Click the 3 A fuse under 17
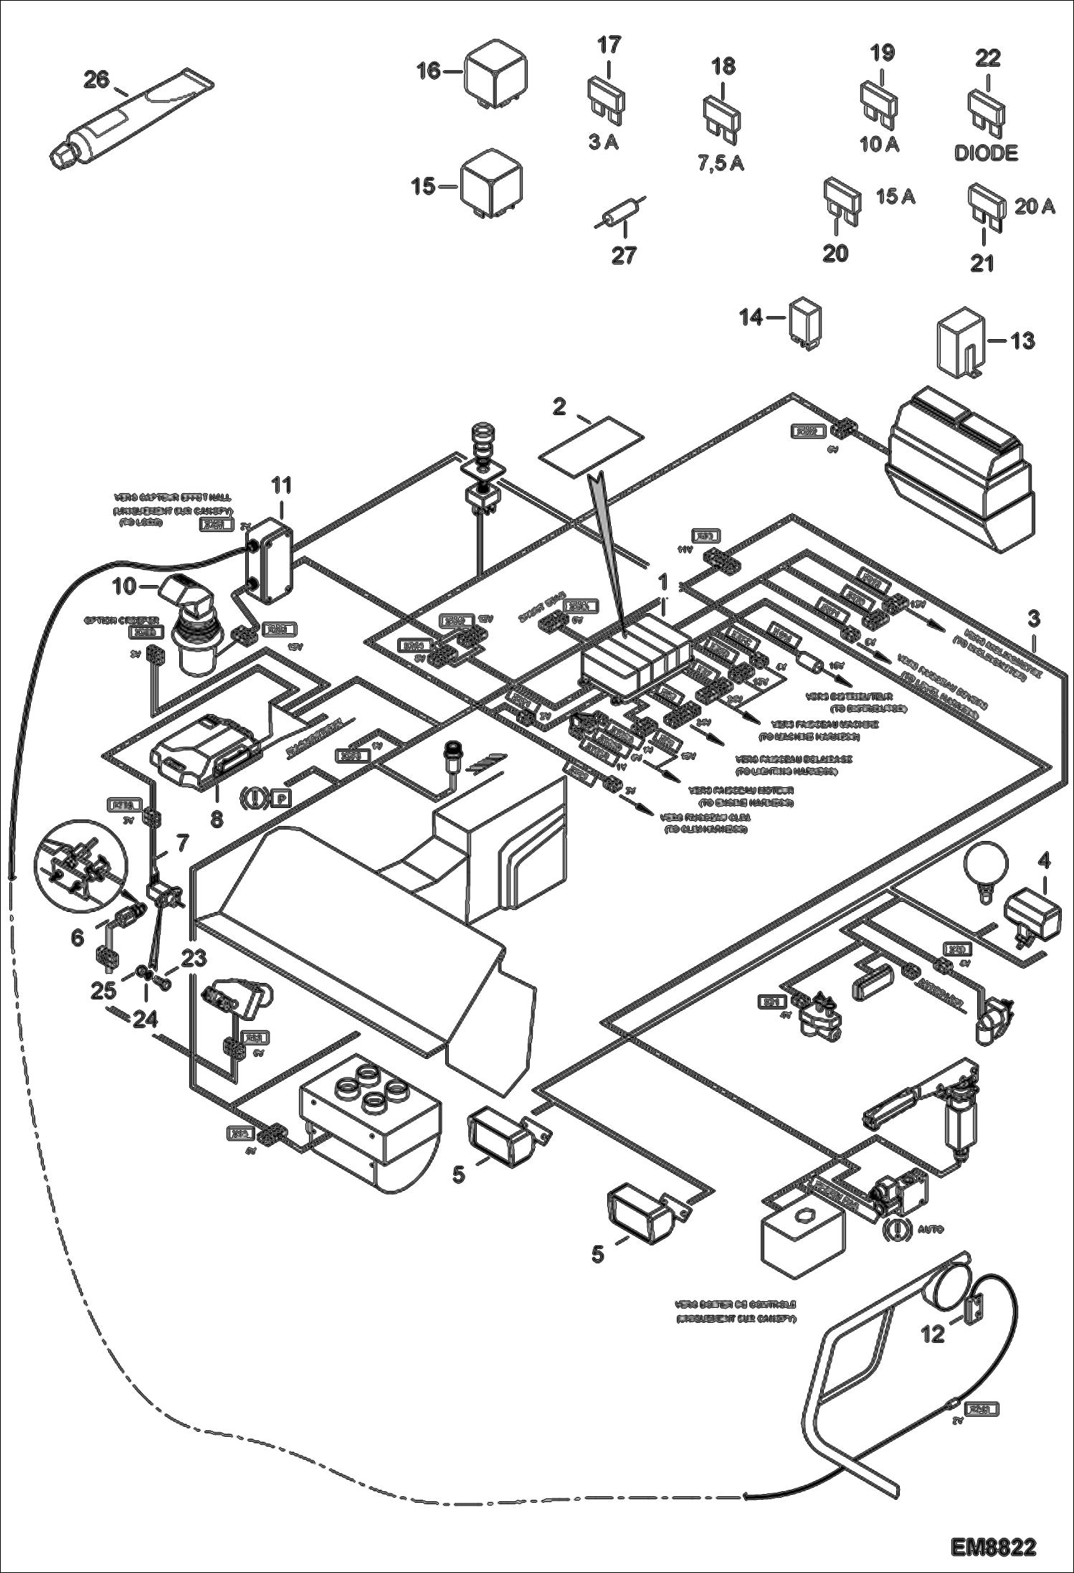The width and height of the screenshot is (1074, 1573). pyautogui.click(x=608, y=96)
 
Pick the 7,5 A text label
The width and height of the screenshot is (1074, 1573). pyautogui.click(x=721, y=163)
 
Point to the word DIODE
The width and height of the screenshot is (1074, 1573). pyautogui.click(x=986, y=153)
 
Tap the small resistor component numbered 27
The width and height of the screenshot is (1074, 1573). pyautogui.click(x=620, y=212)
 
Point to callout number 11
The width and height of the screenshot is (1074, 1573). pyautogui.click(x=281, y=485)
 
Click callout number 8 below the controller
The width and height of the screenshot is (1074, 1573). pyautogui.click(x=217, y=818)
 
